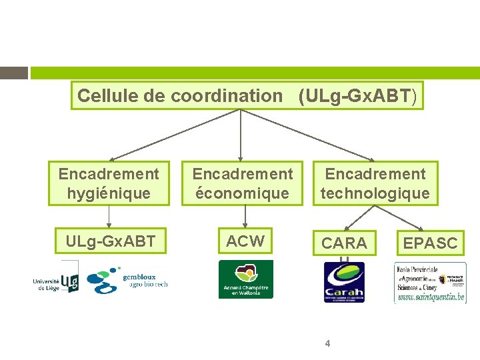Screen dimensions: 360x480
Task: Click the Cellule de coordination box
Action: [247, 95]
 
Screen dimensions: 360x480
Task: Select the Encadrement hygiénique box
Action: [109, 183]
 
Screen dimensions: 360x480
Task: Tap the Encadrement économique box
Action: [243, 183]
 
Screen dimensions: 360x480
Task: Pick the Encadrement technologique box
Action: [375, 183]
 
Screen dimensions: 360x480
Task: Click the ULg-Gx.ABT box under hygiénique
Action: [111, 241]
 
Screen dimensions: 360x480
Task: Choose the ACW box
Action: [245, 241]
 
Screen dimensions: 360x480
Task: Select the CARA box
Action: [344, 243]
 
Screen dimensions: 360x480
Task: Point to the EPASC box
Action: [430, 243]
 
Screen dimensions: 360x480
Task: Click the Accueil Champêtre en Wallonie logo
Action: [246, 279]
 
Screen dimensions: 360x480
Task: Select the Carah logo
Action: [344, 282]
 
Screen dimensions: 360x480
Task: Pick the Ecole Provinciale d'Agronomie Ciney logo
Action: [430, 283]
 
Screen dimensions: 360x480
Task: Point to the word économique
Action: [243, 193]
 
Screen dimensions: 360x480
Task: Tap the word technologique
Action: [375, 193]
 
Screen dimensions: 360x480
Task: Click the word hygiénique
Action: [109, 193]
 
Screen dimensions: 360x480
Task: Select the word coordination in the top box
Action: [227, 95]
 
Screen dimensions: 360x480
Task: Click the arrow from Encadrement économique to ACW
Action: [245, 216]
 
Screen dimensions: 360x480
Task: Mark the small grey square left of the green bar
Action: [13, 73]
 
